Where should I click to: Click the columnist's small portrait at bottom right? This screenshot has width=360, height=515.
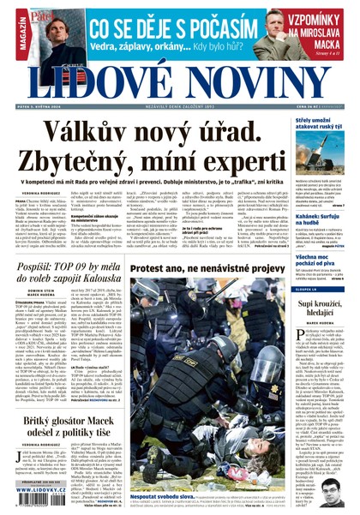(333, 489)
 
